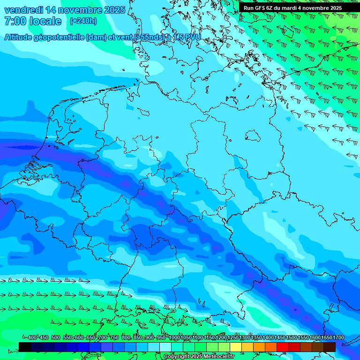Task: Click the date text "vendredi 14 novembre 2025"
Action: (x=65, y=10)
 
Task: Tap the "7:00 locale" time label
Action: (x=33, y=21)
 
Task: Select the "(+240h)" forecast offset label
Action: (x=83, y=21)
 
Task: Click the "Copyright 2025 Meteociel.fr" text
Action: (x=198, y=357)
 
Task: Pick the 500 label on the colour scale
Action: (x=56, y=338)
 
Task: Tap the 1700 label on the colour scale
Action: (x=327, y=338)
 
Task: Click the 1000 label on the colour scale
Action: (x=174, y=338)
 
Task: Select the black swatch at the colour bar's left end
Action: (x=25, y=347)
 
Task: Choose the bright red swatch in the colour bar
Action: (x=283, y=347)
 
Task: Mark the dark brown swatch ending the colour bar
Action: (x=330, y=347)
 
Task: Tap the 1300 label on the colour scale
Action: (x=245, y=338)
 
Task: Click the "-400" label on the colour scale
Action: (x=31, y=338)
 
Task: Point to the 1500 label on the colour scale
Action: (x=292, y=338)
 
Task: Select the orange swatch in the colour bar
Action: (x=259, y=347)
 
